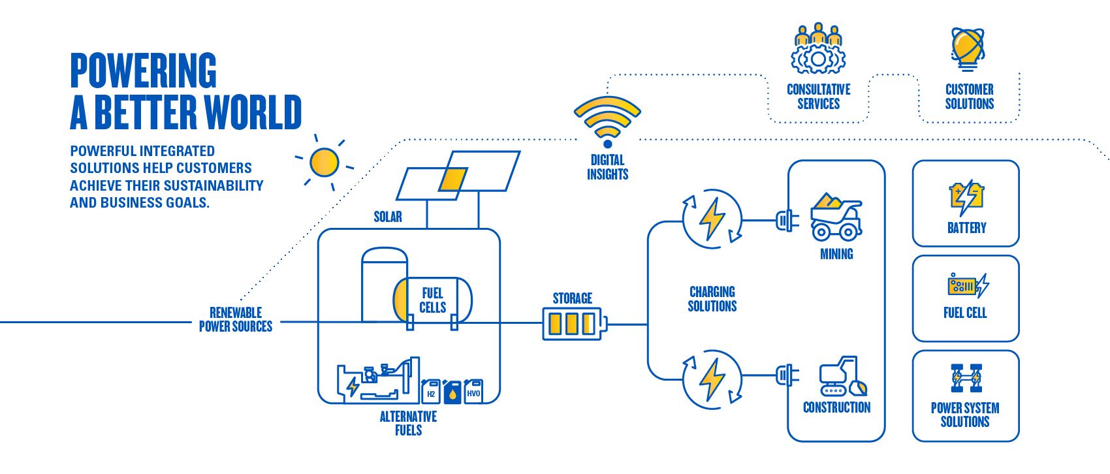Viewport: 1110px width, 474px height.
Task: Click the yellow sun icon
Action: tap(324, 163)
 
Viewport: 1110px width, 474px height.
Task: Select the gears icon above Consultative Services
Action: tap(818, 50)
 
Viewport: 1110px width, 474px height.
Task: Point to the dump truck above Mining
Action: tap(836, 218)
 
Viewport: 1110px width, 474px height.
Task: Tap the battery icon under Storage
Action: tap(573, 324)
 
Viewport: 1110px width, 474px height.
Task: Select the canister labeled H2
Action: tap(431, 391)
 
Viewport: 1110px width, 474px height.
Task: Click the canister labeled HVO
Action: tap(473, 391)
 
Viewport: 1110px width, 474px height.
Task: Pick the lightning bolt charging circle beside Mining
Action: tap(712, 219)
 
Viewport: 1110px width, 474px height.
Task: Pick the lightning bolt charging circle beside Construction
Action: tap(712, 379)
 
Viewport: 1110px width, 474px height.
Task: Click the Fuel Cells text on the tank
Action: tap(432, 300)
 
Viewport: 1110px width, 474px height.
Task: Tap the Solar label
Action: tap(387, 217)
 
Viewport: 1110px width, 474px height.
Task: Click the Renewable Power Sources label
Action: tap(236, 319)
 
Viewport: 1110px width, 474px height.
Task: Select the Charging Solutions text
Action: tap(712, 299)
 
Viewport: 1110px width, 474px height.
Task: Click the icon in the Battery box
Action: tap(966, 197)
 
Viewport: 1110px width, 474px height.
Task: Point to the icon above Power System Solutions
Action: tap(966, 377)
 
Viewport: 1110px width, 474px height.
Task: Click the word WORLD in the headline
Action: tap(253, 112)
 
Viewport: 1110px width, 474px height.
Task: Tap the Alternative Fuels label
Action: tap(408, 423)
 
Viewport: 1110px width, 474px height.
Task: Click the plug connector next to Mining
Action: tap(786, 220)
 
